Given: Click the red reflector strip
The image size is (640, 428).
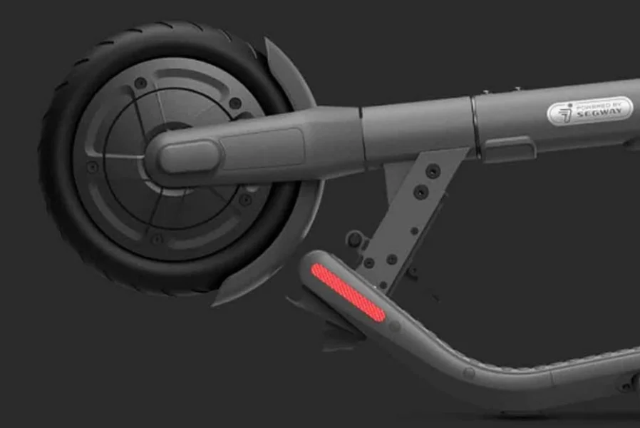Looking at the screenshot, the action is click(x=349, y=292).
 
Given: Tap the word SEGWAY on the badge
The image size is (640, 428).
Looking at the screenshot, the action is click(x=599, y=112).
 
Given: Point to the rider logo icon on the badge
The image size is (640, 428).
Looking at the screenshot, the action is click(x=565, y=113).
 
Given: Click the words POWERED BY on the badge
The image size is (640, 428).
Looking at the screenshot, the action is click(x=599, y=105).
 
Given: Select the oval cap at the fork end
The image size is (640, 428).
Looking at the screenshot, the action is click(x=189, y=156).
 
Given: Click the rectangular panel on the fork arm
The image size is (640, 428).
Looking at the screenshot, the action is click(x=262, y=148).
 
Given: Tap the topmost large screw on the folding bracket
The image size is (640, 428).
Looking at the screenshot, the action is click(x=433, y=170).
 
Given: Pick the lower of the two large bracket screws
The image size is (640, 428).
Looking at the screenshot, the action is click(x=420, y=192).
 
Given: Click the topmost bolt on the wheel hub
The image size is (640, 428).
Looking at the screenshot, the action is click(x=140, y=83).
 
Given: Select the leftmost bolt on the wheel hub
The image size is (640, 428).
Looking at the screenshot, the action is click(x=93, y=167).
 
